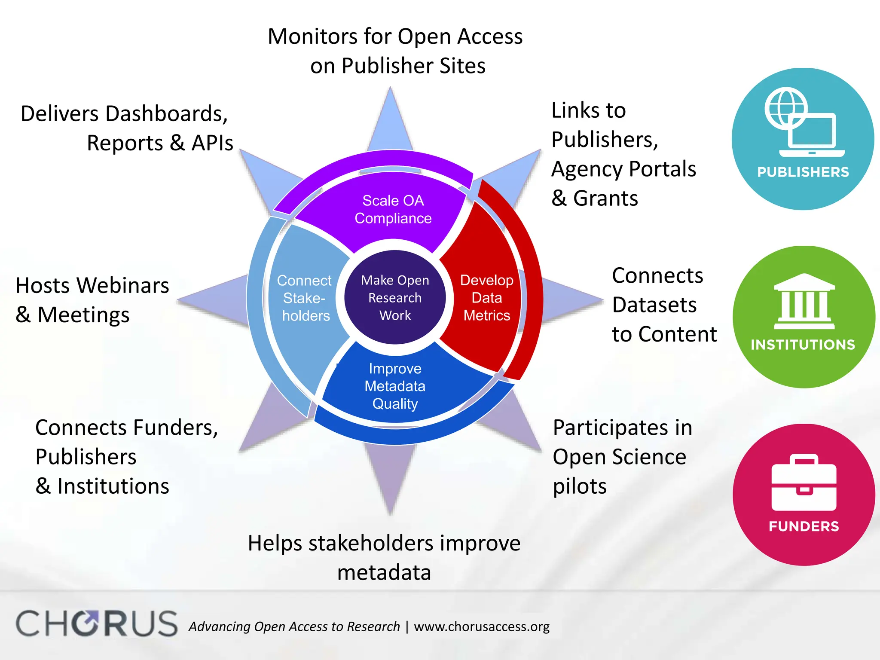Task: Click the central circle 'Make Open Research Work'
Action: [x=395, y=297]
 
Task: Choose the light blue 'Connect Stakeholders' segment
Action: [x=304, y=298]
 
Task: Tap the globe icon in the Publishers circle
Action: [x=785, y=107]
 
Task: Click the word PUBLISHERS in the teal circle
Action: [x=803, y=172]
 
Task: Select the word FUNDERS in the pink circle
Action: [x=804, y=526]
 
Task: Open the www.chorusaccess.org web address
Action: [x=481, y=626]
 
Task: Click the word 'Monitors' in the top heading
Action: [x=312, y=37]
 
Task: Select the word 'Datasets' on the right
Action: [x=654, y=305]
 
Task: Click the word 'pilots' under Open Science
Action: [x=579, y=486]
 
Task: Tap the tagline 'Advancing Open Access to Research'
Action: [x=294, y=626]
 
